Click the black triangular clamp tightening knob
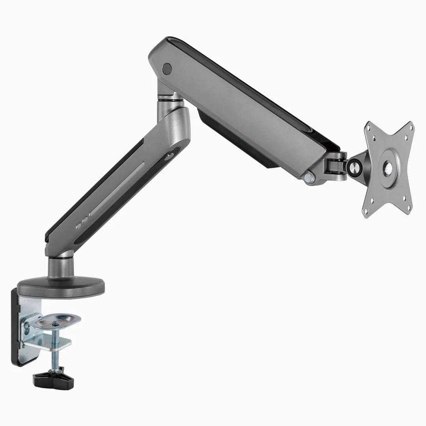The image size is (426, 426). pyautogui.click(x=53, y=379)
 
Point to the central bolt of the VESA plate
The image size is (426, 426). pyautogui.click(x=389, y=169)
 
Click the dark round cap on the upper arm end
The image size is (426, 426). pyautogui.click(x=167, y=68)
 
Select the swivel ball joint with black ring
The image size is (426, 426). pyautogui.click(x=353, y=167)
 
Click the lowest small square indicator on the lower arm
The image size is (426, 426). pyautogui.click(x=78, y=227)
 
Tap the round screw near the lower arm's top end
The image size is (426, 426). pyautogui.click(x=170, y=156)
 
